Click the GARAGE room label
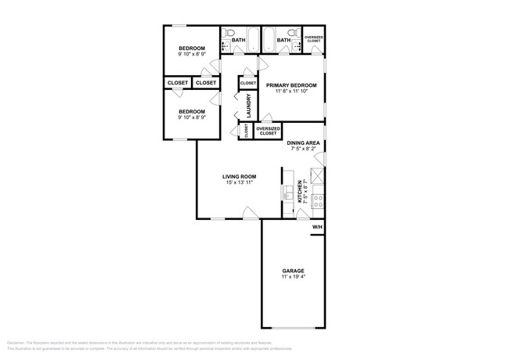[x=294, y=271]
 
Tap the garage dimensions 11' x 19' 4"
[x=294, y=277]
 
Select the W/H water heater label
[x=317, y=227]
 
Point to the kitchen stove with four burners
[x=318, y=202]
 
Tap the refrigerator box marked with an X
[x=318, y=176]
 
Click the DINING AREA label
[x=302, y=142]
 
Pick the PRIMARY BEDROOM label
[x=291, y=85]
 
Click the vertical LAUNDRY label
[x=248, y=106]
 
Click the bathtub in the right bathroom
[x=271, y=40]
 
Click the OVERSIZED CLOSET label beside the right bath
[x=314, y=38]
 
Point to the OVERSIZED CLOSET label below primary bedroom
[x=268, y=131]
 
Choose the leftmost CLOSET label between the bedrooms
[x=177, y=82]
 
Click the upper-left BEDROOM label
[x=192, y=49]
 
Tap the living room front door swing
[x=249, y=212]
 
